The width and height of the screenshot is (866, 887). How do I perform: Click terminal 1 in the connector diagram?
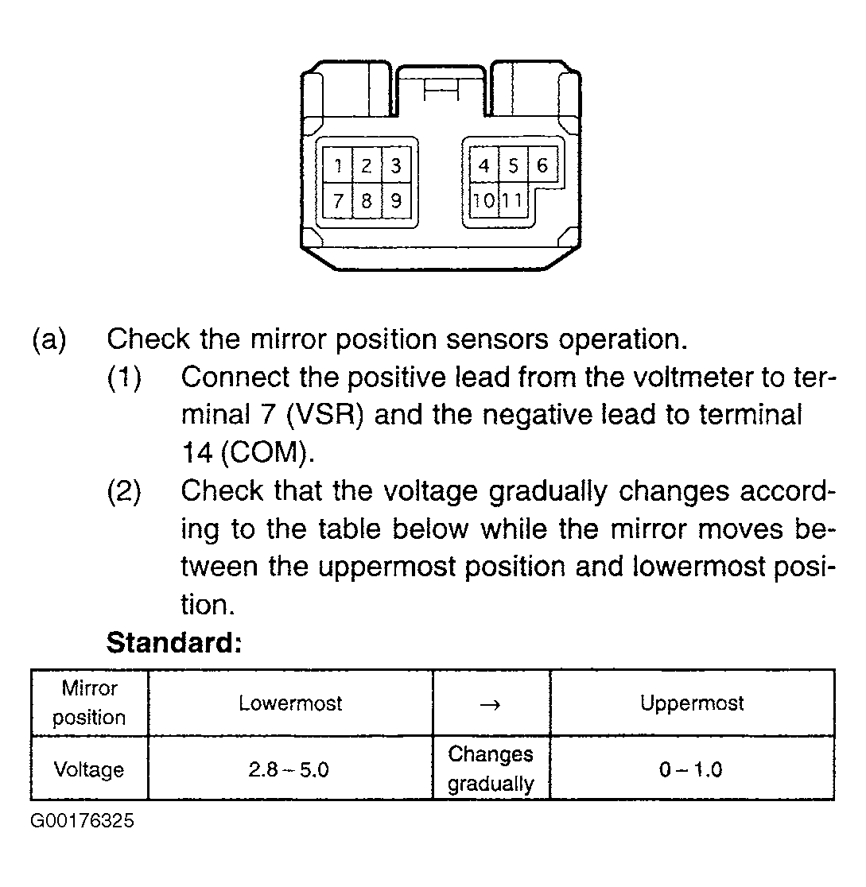pos(339,166)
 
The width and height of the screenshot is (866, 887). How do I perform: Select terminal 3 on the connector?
pos(395,166)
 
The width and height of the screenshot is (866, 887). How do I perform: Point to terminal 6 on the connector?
pos(542,165)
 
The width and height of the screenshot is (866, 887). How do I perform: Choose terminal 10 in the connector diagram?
pos(483,200)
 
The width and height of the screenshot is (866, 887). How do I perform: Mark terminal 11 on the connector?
pos(513,200)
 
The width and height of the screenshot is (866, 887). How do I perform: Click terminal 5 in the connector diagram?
pos(513,165)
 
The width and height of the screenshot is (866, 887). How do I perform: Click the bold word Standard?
pos(173,642)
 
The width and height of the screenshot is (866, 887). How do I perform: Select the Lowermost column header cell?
pos(290,703)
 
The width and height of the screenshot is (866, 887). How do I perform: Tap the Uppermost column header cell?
pos(692,703)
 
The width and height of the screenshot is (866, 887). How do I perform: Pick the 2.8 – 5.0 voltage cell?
pos(290,769)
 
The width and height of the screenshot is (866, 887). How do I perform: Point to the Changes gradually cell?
pos(491,769)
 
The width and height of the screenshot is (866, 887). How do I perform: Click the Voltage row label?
pos(88,769)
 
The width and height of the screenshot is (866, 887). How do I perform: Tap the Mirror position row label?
pos(88,703)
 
